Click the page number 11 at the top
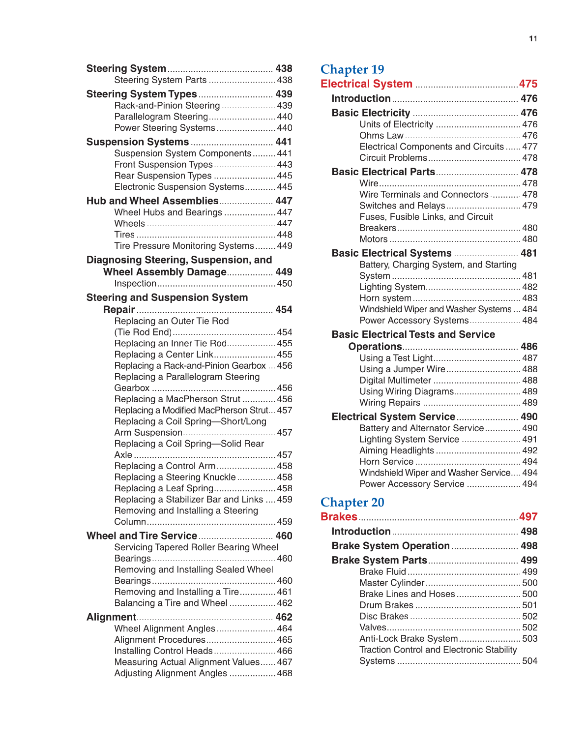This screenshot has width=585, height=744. point(533,39)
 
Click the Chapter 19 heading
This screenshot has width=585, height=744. point(352,69)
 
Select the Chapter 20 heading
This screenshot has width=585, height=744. point(352,502)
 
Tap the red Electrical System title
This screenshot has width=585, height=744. point(366,84)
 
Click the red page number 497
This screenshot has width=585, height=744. point(528,517)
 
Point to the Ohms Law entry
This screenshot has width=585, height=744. point(381,136)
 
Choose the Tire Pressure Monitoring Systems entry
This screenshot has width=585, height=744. point(184,246)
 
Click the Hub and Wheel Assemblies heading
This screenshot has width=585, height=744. point(152,201)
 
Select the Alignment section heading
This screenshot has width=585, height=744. point(111,617)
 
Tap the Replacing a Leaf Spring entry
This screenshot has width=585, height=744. point(164,488)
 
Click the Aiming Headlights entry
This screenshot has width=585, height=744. point(396,450)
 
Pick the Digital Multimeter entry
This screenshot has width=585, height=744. point(395,381)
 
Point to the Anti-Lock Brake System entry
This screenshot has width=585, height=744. point(408,639)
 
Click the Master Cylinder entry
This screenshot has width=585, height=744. point(391,583)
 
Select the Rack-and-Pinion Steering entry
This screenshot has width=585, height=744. point(167,106)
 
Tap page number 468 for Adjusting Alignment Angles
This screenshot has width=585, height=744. point(285,673)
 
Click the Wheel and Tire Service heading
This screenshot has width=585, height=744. point(142,536)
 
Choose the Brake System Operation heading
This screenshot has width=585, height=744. point(390,546)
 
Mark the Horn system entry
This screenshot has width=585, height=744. point(385,298)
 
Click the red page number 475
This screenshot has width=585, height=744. point(528,84)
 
